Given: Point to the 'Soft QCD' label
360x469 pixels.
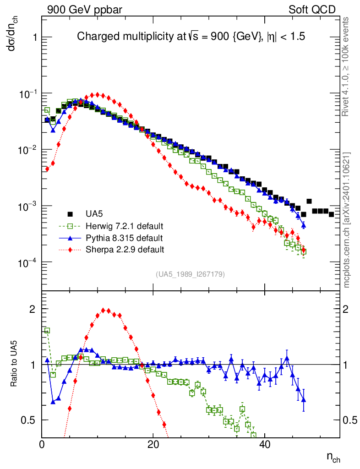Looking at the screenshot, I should (x=312, y=10).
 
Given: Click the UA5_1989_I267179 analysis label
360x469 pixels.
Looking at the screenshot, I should (x=190, y=274).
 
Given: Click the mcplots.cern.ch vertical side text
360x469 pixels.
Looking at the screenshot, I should (x=346, y=220).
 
